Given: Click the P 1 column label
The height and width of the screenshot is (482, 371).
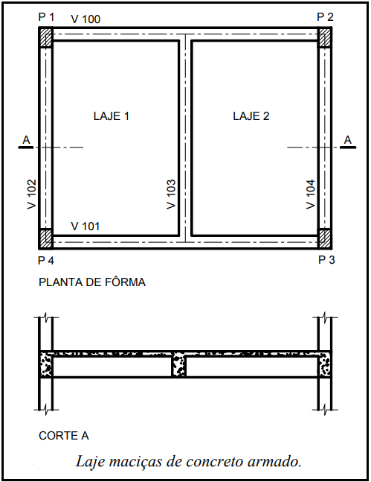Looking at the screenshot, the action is click(46, 17).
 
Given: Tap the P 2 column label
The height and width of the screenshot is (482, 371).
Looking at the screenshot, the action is click(325, 17).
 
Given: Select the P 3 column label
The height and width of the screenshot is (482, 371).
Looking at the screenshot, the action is click(326, 260).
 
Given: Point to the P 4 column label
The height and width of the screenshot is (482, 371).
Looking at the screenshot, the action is click(46, 261).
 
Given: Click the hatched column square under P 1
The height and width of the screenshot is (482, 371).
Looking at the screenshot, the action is click(46, 37).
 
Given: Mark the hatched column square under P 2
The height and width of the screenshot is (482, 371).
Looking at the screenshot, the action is click(324, 37).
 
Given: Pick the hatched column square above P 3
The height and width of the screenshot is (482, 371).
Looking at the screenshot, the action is click(324, 238).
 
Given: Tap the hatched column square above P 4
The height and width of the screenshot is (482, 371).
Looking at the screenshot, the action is click(46, 238).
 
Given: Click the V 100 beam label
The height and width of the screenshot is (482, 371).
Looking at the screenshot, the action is click(86, 19).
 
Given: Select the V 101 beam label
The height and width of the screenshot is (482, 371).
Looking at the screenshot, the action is click(86, 226).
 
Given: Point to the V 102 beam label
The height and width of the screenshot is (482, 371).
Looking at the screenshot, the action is click(32, 194).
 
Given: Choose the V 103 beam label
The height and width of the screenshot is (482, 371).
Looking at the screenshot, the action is click(171, 194).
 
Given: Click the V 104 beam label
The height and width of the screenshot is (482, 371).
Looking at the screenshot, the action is click(311, 194).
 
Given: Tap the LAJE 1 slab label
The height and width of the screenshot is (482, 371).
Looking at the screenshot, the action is click(111, 116).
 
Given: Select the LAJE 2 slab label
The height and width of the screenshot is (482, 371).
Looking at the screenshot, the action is click(251, 116).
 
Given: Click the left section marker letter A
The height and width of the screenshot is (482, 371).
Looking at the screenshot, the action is click(26, 140).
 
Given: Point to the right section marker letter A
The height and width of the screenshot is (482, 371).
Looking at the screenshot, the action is click(347, 140).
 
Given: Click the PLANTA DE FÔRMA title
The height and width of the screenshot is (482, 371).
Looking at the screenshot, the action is click(92, 282).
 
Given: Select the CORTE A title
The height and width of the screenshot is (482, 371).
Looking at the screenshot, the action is click(64, 436).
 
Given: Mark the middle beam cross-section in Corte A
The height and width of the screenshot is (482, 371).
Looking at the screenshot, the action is click(178, 364).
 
